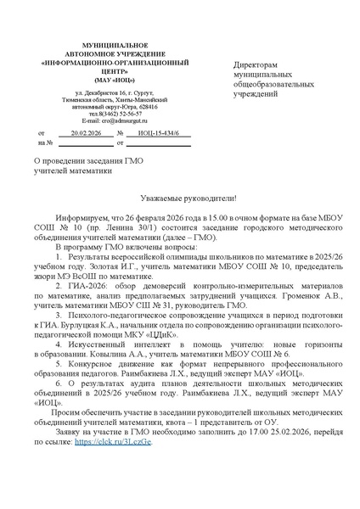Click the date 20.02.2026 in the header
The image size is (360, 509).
point(88,134)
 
